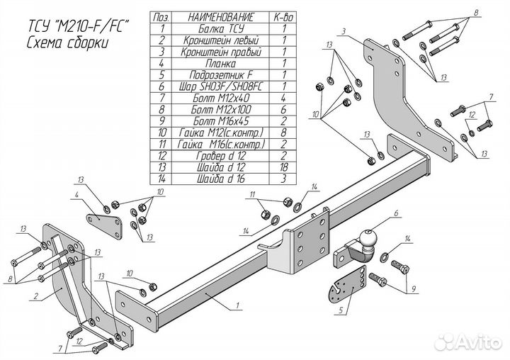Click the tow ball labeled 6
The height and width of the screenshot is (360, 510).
click(369, 240)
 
